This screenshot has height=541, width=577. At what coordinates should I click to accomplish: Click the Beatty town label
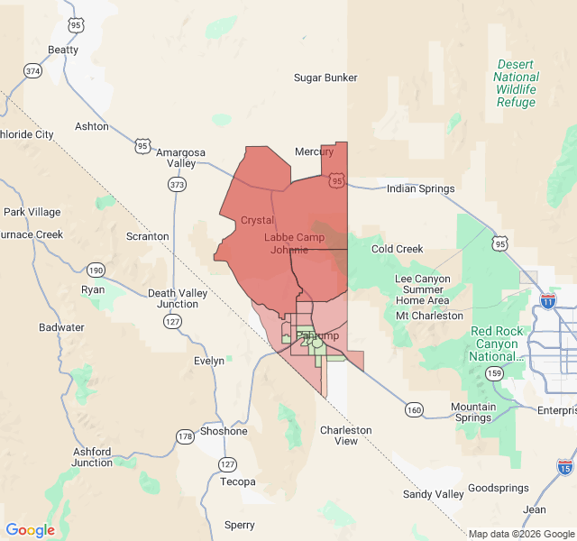63,50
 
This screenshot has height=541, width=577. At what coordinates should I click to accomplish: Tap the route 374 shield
33,70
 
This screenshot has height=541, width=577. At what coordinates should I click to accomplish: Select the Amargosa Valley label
181,158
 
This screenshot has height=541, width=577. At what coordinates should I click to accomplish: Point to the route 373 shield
177,185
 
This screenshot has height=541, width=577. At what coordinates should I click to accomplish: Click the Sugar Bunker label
325,78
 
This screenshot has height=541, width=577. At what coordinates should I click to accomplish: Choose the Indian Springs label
420,188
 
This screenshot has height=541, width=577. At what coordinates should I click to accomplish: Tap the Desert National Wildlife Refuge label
516,84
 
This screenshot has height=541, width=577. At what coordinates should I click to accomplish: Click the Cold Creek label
397,249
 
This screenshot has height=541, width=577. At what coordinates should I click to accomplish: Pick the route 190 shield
96,270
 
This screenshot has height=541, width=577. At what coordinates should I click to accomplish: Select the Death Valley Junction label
179,298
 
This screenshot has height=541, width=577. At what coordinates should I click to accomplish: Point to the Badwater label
62,327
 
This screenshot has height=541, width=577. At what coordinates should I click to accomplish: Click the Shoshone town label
224,431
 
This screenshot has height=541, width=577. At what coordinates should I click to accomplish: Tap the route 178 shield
185,437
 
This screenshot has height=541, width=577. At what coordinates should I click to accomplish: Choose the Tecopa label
239,481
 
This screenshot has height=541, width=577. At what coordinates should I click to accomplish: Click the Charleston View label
345,436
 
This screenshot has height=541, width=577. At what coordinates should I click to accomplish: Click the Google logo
30,530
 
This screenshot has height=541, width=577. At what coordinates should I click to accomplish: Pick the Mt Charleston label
429,316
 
